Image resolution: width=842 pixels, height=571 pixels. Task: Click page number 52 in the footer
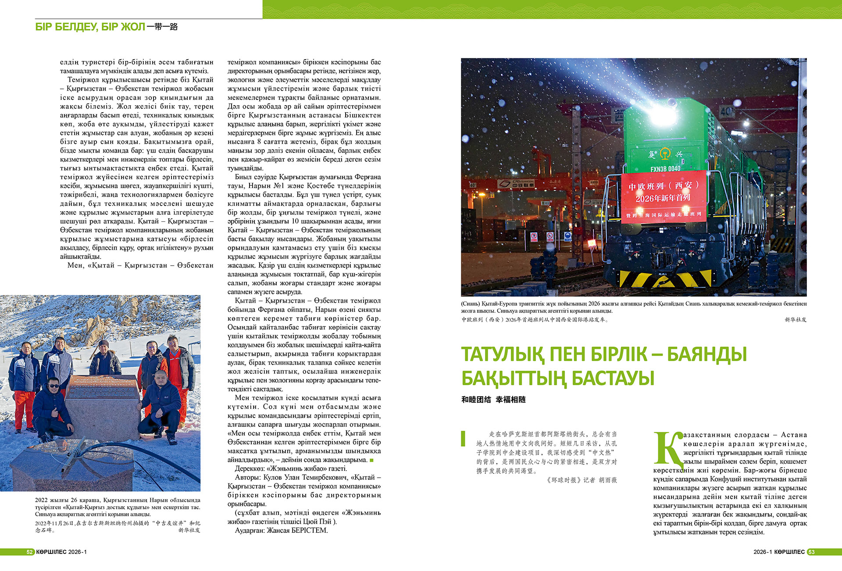tap(30, 552)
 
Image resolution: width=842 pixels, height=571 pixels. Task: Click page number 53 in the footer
tap(811, 552)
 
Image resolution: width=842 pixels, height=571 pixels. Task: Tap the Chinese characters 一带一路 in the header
tap(162, 27)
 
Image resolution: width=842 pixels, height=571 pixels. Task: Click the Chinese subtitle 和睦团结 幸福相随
tap(493, 400)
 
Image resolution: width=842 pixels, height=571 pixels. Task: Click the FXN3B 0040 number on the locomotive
tap(665, 169)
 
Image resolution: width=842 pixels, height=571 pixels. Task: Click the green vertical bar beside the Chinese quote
tap(463, 439)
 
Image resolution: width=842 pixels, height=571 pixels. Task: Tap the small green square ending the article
tap(372, 460)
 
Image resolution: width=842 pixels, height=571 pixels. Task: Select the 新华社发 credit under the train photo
tap(796, 320)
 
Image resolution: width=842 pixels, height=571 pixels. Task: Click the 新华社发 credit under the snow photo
tap(189, 530)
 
